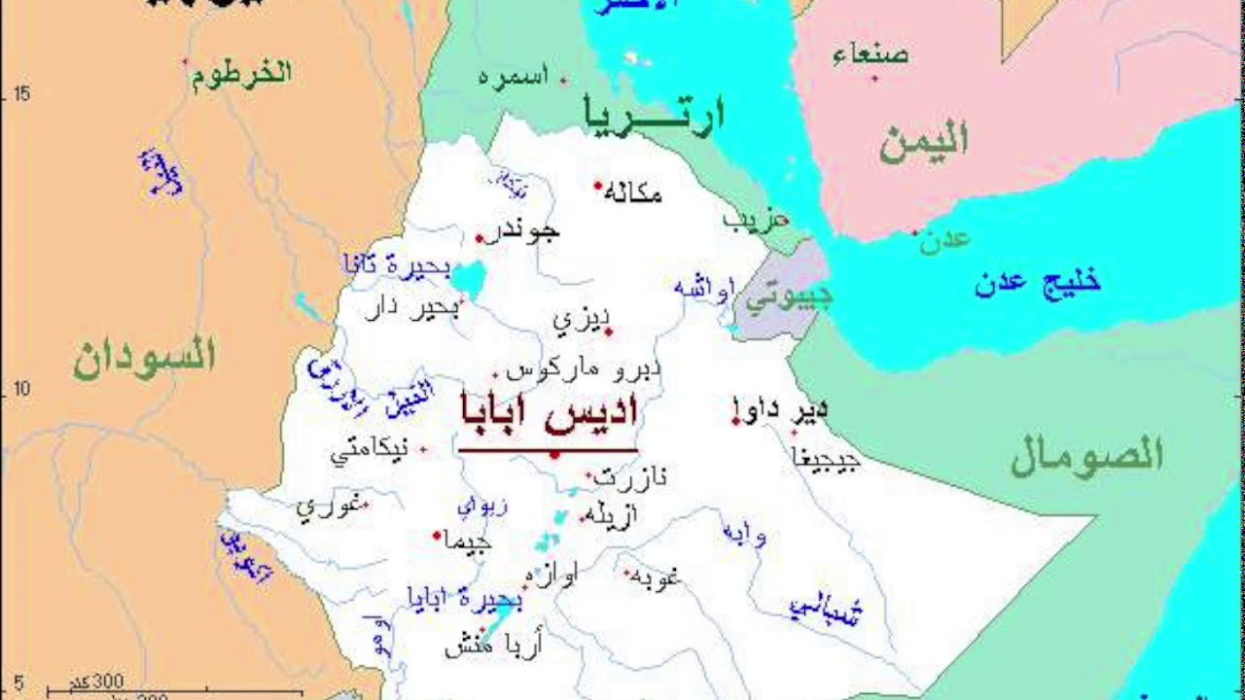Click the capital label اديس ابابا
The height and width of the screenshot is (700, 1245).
point(549,413)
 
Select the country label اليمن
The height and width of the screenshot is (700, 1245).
point(923,142)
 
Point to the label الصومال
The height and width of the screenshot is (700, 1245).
point(1086,455)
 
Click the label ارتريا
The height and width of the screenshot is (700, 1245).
point(654,115)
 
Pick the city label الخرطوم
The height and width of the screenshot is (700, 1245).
point(241,74)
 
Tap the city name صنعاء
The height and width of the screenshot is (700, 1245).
point(871,54)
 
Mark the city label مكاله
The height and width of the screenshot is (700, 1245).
point(632,193)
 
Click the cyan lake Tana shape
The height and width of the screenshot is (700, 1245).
point(468,279)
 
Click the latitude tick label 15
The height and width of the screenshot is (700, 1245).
point(21,93)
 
